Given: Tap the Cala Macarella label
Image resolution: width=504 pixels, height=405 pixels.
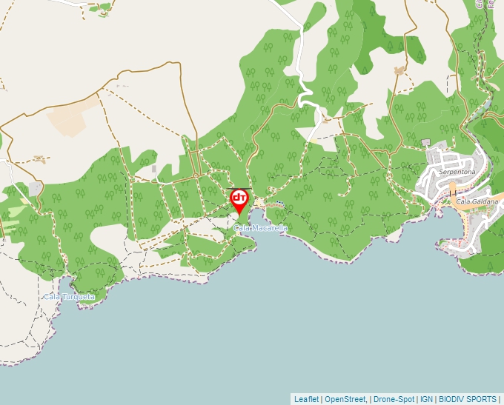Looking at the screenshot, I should click(260, 228).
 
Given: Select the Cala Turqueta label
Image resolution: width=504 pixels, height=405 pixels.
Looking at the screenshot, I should click(69, 297).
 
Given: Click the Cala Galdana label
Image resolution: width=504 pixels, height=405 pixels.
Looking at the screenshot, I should click(477, 201).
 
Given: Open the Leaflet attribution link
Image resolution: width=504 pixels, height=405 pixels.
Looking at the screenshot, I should click(306, 399).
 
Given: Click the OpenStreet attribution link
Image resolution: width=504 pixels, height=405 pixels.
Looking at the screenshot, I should click(345, 399).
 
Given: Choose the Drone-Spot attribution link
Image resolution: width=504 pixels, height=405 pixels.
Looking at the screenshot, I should click(394, 399).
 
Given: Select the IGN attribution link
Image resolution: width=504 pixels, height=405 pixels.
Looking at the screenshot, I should click(426, 399).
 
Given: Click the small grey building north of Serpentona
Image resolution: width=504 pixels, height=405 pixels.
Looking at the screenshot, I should click(425, 142).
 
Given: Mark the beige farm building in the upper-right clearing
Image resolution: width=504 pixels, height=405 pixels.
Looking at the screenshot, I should click(401, 71).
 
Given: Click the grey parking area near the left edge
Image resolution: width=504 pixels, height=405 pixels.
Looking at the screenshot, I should click(34, 188).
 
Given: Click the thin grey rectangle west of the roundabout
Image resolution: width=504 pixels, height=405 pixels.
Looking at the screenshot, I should click(154, 169).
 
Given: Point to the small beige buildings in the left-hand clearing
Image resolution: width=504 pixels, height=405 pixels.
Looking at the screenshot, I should click(39, 158).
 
